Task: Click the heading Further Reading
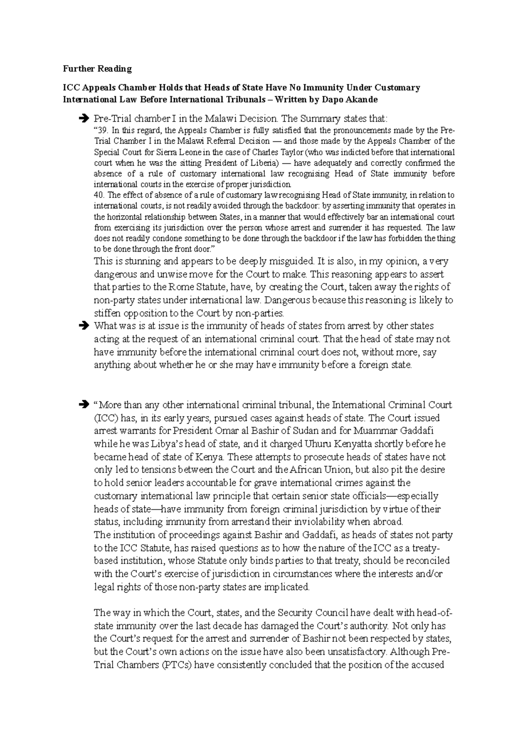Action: [x=97, y=69]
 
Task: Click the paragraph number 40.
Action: [x=99, y=195]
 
